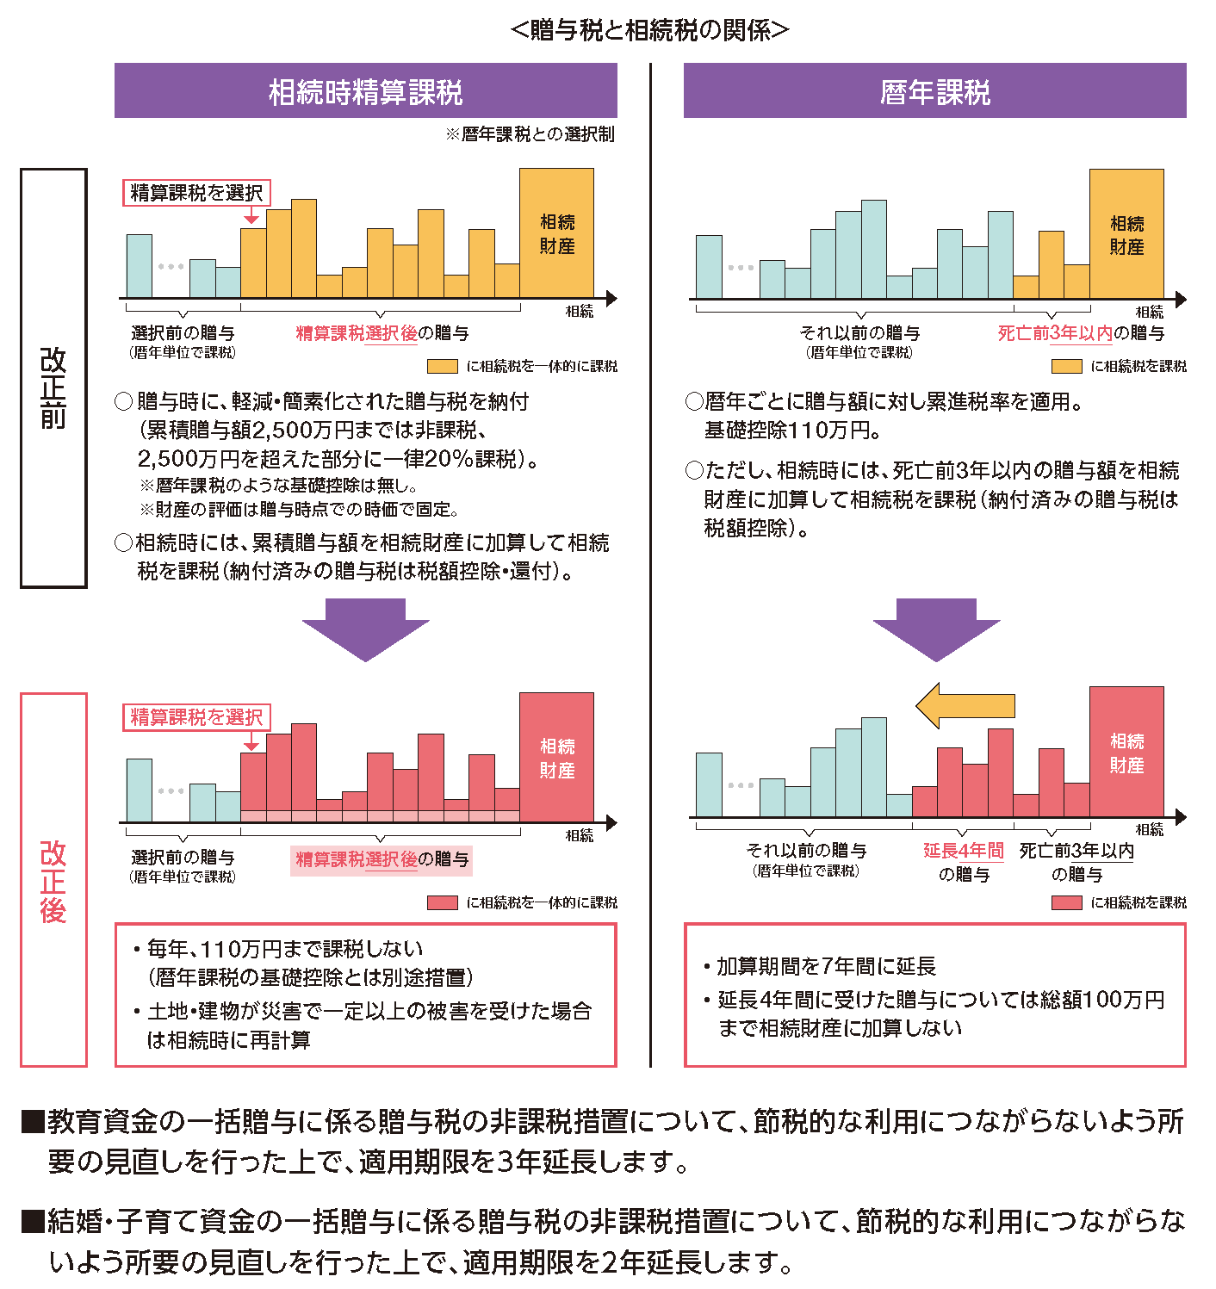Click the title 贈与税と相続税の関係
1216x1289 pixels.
pos(649,30)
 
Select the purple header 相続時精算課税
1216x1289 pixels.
pos(365,91)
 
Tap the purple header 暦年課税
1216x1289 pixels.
pos(934,91)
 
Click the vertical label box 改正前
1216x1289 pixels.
pos(53,378)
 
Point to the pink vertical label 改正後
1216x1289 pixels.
pos(53,880)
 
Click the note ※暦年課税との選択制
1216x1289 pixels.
pos(530,134)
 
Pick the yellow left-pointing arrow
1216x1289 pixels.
pos(965,706)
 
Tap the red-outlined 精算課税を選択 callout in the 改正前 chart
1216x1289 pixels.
pos(196,193)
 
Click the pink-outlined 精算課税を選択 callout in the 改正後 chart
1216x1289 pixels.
pos(196,717)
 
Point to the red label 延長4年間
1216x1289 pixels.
pos(964,851)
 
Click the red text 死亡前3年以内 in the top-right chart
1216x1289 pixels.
pos(1055,333)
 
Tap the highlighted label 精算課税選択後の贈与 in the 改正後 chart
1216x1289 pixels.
pos(382,859)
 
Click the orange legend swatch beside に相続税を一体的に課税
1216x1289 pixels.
pos(443,366)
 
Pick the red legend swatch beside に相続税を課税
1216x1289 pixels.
pos(1067,902)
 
